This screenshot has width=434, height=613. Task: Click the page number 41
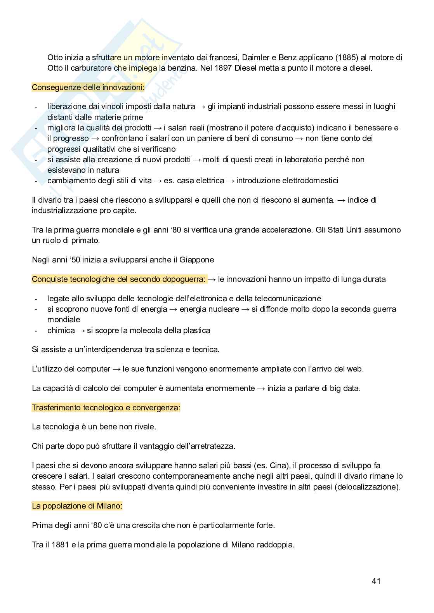tap(376, 581)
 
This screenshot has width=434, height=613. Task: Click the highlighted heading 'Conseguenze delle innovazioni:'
tap(88, 87)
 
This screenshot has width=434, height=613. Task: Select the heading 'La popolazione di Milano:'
tap(77, 506)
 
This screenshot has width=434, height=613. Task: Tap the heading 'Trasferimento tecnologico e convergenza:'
tap(106, 408)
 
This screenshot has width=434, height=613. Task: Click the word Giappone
tap(196, 260)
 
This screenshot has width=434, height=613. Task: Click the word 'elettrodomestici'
tap(307, 181)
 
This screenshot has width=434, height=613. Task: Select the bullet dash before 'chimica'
tap(36, 330)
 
